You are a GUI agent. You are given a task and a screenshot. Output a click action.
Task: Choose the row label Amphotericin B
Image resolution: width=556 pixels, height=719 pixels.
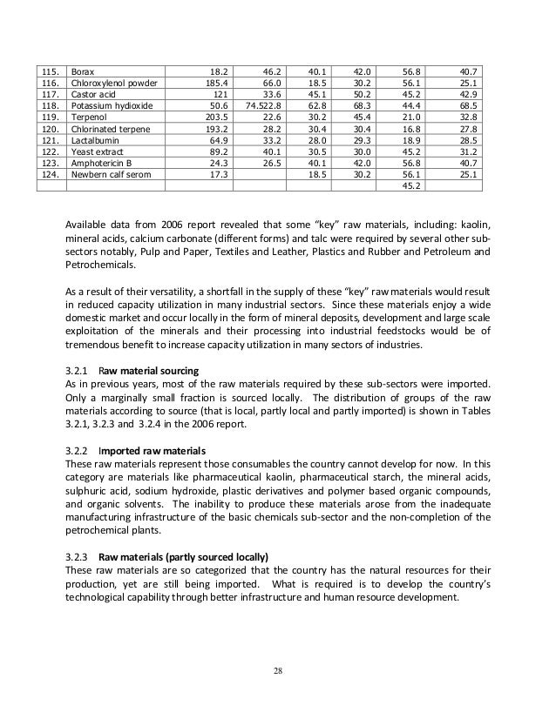tap(103, 163)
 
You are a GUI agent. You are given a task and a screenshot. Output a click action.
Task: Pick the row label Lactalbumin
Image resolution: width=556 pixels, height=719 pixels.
tap(97, 140)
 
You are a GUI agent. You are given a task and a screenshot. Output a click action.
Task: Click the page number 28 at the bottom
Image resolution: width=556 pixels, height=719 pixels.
tap(278, 671)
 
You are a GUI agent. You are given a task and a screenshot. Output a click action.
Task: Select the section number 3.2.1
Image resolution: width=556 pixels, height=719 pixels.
tap(79, 370)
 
